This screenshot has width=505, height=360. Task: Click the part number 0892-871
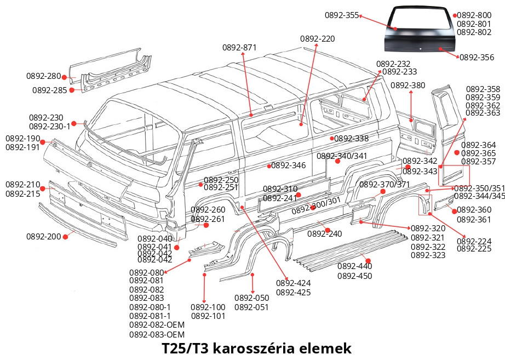click(239, 48)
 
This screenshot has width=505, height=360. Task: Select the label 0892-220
click(317, 39)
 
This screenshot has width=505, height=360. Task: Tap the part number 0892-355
click(341, 15)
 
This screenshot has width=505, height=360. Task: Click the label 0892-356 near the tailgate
click(477, 57)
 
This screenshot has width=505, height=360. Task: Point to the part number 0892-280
click(43, 76)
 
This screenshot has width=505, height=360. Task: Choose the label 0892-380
click(408, 85)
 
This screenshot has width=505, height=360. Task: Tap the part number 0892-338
click(351, 139)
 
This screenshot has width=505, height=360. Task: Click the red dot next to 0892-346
click(268, 165)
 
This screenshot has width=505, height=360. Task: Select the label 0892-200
click(43, 237)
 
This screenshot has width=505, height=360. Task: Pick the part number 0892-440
click(354, 266)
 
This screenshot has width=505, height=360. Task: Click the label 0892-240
click(324, 234)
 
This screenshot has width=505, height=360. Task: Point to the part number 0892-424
click(293, 283)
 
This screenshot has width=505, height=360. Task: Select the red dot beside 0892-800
click(455, 15)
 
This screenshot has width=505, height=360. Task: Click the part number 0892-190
click(22, 139)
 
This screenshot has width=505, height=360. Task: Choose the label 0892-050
click(251, 298)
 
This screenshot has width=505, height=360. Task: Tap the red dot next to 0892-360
click(454, 210)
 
